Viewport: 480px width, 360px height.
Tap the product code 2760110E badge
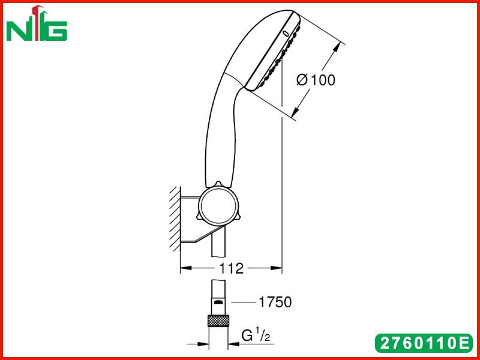424,343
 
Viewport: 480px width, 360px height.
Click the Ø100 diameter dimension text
316,80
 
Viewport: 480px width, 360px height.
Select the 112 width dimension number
231,268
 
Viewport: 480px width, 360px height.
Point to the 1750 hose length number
275,302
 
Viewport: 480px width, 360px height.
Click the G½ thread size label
256,336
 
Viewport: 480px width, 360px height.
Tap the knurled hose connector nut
218,320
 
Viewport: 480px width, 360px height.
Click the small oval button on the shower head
286,33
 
